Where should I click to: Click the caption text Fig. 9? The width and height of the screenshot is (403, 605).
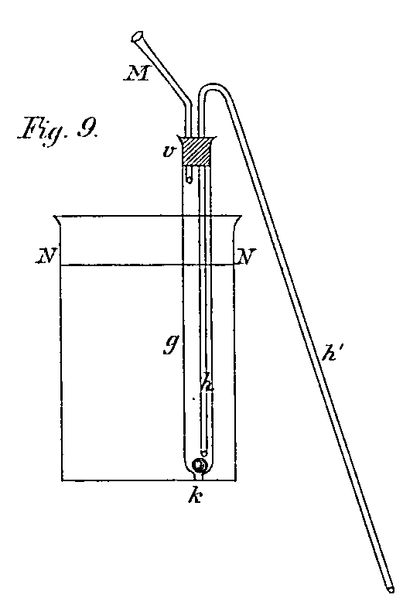(x=59, y=134)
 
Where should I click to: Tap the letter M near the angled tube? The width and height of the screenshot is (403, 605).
(x=137, y=73)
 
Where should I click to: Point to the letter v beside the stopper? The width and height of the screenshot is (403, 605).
(x=168, y=152)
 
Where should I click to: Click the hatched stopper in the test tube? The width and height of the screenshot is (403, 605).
(x=196, y=152)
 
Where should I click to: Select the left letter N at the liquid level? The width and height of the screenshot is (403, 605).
(x=47, y=256)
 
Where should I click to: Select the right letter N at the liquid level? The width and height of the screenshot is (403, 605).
(x=246, y=256)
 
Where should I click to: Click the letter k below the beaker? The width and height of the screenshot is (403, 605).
(x=195, y=496)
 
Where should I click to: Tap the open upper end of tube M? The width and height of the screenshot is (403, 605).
(x=137, y=36)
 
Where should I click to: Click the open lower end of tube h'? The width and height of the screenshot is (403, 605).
(x=389, y=590)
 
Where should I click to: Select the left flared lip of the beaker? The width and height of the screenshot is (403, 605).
(x=58, y=221)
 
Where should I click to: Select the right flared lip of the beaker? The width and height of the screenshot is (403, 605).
(x=237, y=221)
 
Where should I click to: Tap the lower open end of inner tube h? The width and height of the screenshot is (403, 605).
(x=203, y=452)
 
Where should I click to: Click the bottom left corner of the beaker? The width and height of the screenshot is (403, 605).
(x=62, y=480)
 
